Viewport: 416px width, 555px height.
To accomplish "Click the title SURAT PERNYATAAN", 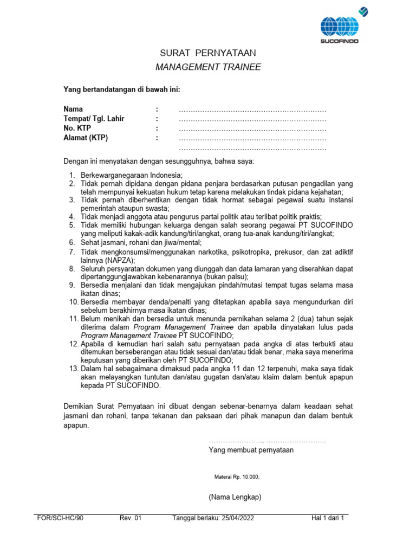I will click(x=208, y=53).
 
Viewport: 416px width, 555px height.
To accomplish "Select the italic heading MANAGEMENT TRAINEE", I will click(x=208, y=67).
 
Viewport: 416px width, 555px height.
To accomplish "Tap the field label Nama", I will click(x=73, y=109).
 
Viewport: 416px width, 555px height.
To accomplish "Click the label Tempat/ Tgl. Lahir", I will click(x=94, y=119).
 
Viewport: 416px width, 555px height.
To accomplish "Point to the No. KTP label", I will click(x=77, y=128).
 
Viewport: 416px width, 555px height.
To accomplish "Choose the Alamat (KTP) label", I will click(x=86, y=138).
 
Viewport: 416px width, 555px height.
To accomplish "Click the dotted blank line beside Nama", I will click(x=252, y=109).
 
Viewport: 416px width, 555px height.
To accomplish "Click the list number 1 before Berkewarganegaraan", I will click(x=71, y=175).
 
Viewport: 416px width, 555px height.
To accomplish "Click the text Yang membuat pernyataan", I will click(x=251, y=450).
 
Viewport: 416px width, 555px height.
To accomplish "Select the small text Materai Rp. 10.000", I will click(x=237, y=477).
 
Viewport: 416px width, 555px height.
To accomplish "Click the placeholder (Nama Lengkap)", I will click(x=235, y=497).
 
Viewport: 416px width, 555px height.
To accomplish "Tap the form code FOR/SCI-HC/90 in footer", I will click(x=60, y=518).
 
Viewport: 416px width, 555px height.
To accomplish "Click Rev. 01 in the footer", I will click(x=130, y=518).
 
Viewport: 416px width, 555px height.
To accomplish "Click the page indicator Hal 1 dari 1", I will click(x=328, y=518).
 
